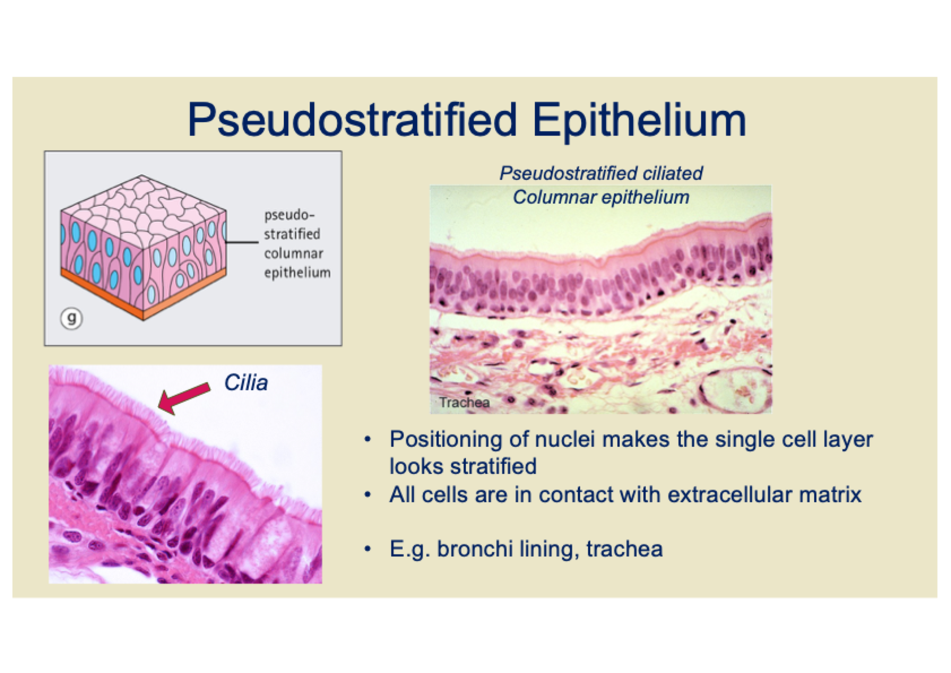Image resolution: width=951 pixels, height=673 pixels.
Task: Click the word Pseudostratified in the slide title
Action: [x=352, y=120]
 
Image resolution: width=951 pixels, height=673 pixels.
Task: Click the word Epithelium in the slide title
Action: [x=639, y=119]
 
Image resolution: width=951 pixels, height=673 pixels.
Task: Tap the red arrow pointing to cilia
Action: [x=184, y=398]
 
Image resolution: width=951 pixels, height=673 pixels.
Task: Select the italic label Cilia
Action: [x=246, y=382]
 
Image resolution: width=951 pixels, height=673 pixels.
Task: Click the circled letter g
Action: [x=71, y=318]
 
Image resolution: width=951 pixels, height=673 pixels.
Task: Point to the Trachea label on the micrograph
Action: [x=464, y=402]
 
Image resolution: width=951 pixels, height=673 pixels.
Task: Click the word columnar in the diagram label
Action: [x=293, y=253]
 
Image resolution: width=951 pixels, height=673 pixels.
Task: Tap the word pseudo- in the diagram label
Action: [x=289, y=215]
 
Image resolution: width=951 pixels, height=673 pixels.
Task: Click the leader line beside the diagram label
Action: [x=242, y=243]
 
